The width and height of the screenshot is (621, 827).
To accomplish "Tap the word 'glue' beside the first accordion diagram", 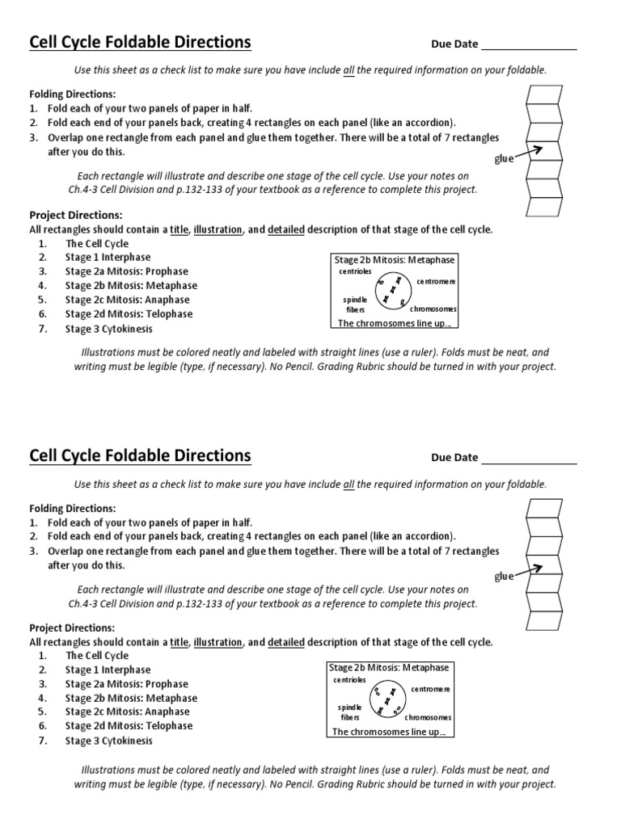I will pyautogui.click(x=504, y=159).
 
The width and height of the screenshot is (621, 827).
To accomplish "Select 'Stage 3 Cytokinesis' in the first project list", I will pyautogui.click(x=108, y=329).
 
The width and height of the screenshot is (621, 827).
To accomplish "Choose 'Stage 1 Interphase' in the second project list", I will pyautogui.click(x=108, y=670).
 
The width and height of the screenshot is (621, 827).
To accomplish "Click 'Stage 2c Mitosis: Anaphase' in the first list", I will pyautogui.click(x=127, y=300).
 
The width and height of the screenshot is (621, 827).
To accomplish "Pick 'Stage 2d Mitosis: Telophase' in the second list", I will pyautogui.click(x=129, y=726).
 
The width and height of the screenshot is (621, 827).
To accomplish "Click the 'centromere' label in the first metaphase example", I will pyautogui.click(x=437, y=281).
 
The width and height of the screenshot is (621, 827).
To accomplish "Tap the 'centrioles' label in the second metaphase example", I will pyautogui.click(x=349, y=680).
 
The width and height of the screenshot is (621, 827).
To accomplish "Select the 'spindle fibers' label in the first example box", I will pyautogui.click(x=355, y=304).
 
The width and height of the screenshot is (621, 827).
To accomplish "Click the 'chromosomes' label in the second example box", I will pyautogui.click(x=428, y=717).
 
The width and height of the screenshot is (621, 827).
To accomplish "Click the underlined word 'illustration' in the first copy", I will pyautogui.click(x=218, y=229).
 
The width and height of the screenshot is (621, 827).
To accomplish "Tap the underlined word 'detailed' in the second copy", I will pyautogui.click(x=285, y=642).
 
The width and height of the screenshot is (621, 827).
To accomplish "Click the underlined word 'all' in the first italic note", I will pyautogui.click(x=349, y=70).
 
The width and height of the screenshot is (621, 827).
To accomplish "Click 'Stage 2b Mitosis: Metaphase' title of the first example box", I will pyautogui.click(x=395, y=260).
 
